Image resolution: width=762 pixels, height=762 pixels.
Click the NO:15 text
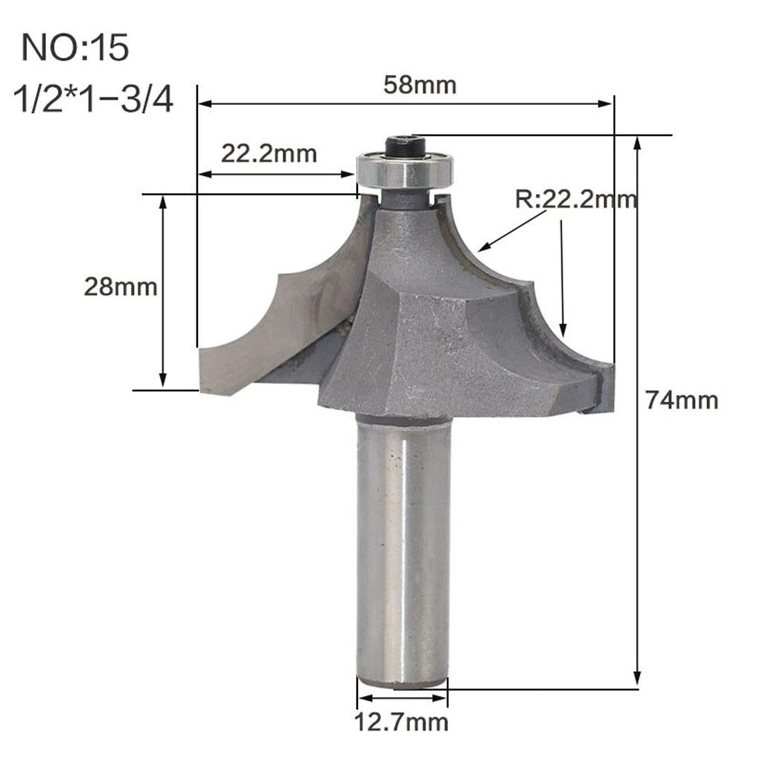[x=75, y=48]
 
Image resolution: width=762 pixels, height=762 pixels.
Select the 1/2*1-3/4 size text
[x=94, y=99]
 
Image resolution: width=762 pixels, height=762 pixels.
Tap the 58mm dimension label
[x=420, y=85]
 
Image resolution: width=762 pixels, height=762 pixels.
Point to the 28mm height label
[x=120, y=286]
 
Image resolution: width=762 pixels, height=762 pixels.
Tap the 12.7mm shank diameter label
[x=403, y=721]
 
